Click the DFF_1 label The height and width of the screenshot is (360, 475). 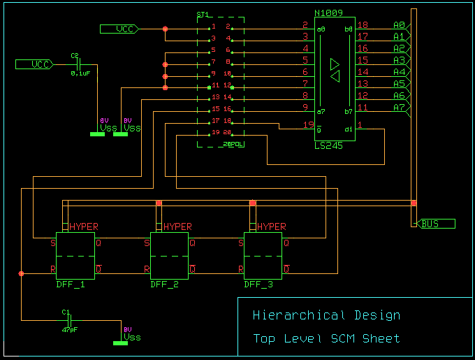(71, 285)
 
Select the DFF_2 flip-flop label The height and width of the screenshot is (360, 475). (165, 285)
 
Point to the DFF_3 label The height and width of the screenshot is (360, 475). (258, 285)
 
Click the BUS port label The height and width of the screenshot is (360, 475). (430, 224)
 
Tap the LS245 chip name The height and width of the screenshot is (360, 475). (328, 145)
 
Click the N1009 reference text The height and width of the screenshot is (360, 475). (330, 13)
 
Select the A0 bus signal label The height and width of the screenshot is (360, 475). (399, 25)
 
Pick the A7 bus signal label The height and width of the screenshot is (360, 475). (399, 108)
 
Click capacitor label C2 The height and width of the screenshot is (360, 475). (75, 55)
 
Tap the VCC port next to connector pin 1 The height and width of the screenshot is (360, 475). (125, 29)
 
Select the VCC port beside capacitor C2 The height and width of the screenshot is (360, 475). (41, 64)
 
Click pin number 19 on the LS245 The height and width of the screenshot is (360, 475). (308, 125)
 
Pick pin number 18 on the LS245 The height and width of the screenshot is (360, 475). (363, 25)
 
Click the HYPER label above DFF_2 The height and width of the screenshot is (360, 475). (177, 227)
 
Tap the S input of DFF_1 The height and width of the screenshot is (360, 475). (52, 243)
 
